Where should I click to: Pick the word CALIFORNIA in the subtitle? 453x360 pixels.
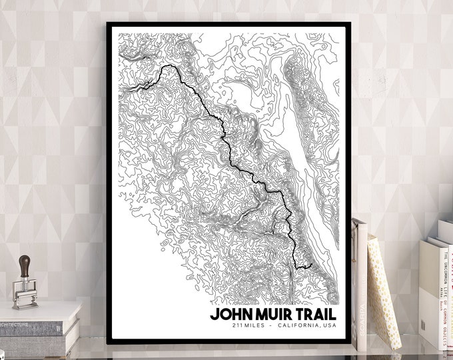[300, 325]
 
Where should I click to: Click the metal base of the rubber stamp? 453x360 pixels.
[25, 297]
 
